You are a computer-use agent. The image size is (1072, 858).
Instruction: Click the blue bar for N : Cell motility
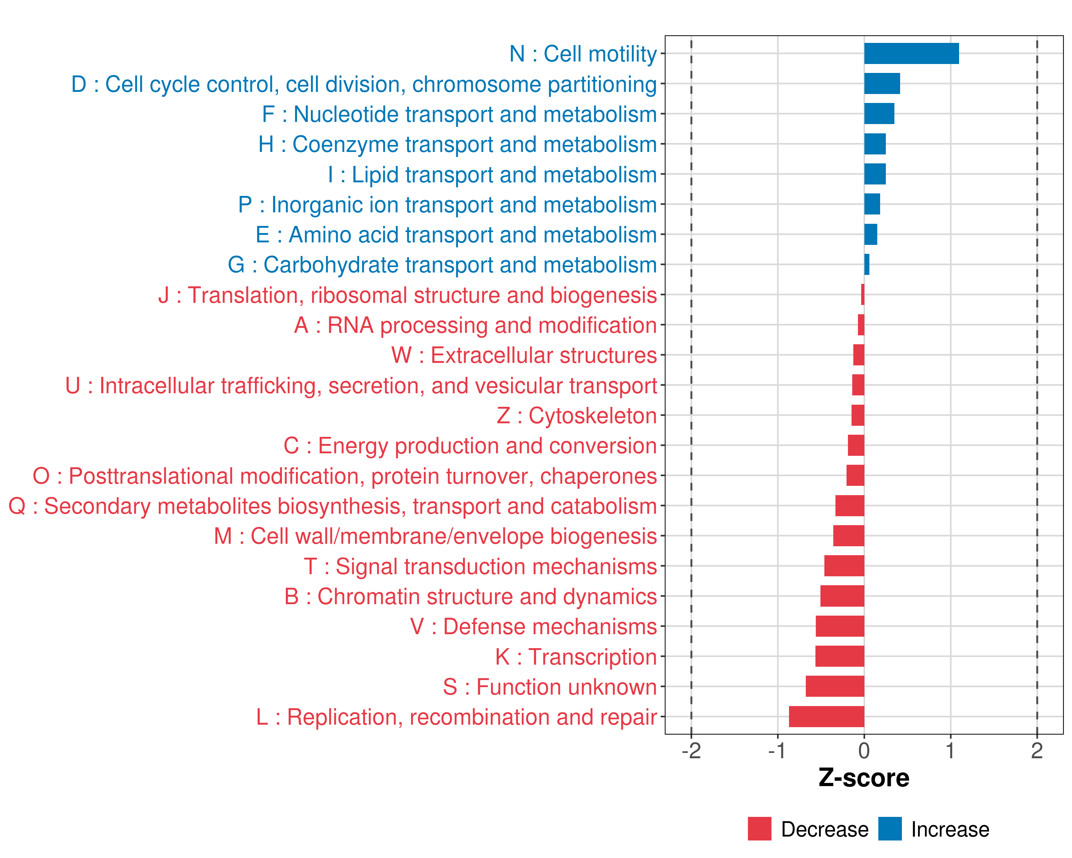tap(911, 54)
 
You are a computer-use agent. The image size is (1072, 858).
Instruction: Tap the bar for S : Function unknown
tap(835, 686)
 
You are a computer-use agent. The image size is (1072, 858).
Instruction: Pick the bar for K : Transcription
tap(839, 656)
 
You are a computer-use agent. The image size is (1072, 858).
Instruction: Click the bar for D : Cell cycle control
tap(882, 84)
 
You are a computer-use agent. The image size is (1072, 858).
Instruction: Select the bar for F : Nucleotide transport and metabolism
tap(879, 114)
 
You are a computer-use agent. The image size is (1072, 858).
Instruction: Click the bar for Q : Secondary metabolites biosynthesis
tap(849, 506)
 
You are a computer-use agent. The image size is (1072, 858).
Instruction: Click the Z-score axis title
tap(864, 778)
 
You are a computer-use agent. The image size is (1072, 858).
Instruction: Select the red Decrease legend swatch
tap(759, 829)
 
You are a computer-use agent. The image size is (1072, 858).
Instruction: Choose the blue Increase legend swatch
tap(889, 829)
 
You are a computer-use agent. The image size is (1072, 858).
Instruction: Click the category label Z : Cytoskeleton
tap(576, 416)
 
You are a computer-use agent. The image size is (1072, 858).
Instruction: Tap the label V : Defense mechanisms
tap(533, 627)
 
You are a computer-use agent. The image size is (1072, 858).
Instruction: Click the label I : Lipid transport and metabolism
tap(492, 174)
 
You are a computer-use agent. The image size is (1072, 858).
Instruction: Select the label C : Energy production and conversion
tap(470, 446)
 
